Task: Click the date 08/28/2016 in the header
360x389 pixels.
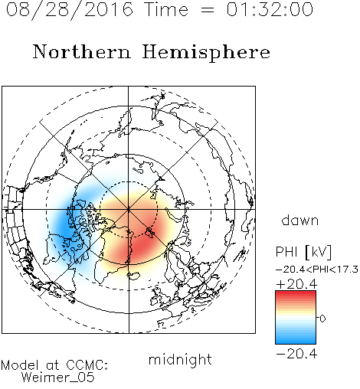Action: click(x=69, y=10)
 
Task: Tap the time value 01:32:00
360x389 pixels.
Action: click(x=270, y=9)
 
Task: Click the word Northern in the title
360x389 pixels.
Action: click(x=82, y=51)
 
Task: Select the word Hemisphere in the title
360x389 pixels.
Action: click(x=206, y=53)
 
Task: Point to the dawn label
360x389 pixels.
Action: click(x=300, y=220)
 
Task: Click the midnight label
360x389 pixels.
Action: click(x=180, y=359)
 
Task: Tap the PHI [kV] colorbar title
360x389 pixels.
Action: click(x=303, y=252)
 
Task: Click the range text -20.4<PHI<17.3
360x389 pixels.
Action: click(x=316, y=270)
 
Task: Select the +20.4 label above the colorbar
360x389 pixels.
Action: click(x=296, y=284)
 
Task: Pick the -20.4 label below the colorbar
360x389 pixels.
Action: click(x=296, y=354)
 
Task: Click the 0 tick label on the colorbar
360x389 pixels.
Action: click(x=322, y=319)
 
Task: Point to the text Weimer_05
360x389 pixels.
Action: click(x=57, y=378)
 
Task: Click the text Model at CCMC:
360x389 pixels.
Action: click(x=54, y=365)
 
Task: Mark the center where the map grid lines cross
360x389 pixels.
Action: click(x=129, y=209)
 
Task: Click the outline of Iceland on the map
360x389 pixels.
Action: click(x=134, y=276)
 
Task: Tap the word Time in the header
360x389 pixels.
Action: click(x=166, y=9)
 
